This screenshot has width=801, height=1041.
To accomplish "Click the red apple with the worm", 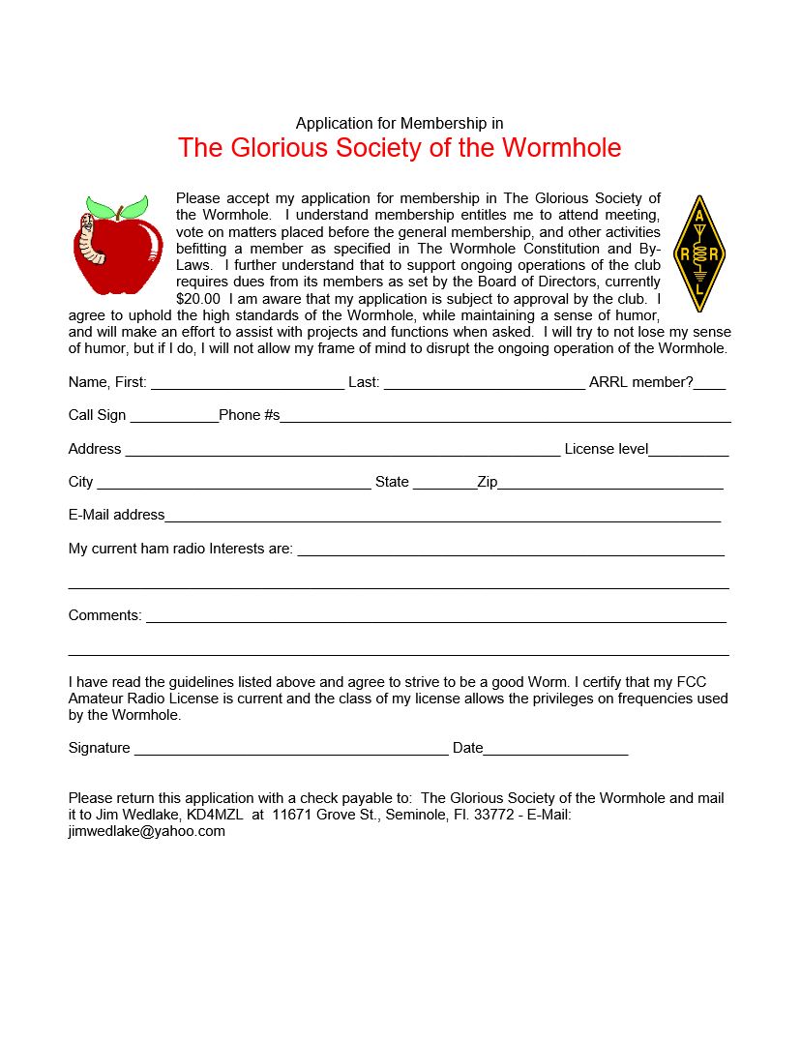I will pos(119,253).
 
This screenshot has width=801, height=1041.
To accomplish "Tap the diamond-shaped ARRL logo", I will pos(698,253).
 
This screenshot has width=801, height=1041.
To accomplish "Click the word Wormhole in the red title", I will pos(562,148).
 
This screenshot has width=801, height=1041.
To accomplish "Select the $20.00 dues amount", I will pos(197,299).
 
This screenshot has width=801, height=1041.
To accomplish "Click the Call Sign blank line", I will pos(174,419).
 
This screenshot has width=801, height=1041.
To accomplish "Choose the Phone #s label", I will pos(249,415).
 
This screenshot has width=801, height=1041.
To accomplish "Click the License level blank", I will pos(689,453).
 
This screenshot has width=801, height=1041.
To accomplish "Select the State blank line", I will pos(444,486).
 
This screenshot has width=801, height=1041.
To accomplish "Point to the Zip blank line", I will pos(610,486).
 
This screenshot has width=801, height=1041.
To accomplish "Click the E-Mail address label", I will pos(116,515).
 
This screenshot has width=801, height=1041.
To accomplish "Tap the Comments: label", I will pos(104,615).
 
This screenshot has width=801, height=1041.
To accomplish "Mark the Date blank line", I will pos(555,752).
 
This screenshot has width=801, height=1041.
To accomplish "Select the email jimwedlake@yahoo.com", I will pos(146,831).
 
